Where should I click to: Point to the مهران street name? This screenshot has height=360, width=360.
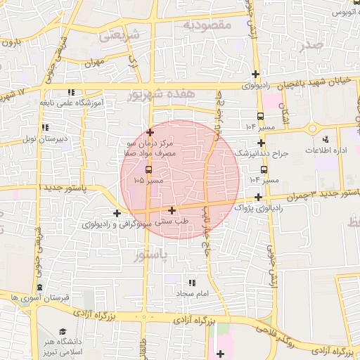point(94,63)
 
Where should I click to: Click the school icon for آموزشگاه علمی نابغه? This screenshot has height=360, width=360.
point(71,92)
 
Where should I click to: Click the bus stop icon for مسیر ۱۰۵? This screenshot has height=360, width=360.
point(148,170)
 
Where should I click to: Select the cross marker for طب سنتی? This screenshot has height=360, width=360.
point(172,210)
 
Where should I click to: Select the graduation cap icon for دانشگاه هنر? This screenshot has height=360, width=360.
point(63,331)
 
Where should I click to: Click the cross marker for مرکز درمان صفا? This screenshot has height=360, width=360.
point(150,131)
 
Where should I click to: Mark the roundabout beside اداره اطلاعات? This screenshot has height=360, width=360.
point(311,128)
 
